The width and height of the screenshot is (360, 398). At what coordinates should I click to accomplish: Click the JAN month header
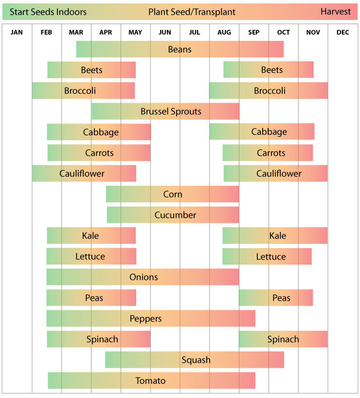click(17, 33)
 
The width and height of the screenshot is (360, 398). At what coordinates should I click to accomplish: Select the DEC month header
click(342, 33)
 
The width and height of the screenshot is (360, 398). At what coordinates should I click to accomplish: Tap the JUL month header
click(195, 33)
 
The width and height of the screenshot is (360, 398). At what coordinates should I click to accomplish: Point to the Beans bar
click(180, 49)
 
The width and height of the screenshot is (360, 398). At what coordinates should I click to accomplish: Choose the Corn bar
click(173, 194)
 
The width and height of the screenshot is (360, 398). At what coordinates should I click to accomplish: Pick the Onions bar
click(143, 277)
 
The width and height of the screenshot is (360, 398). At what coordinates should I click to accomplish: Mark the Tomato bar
click(151, 380)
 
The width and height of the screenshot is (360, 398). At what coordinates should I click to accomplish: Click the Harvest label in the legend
click(335, 12)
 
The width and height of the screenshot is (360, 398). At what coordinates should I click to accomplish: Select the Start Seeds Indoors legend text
click(48, 12)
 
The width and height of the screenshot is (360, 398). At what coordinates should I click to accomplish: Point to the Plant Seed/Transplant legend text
click(192, 12)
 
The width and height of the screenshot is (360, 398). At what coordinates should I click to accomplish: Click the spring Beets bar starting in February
click(91, 70)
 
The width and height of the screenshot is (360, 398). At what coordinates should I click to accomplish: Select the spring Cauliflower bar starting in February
click(84, 174)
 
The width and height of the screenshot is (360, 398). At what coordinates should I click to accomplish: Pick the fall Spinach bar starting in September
click(283, 339)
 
